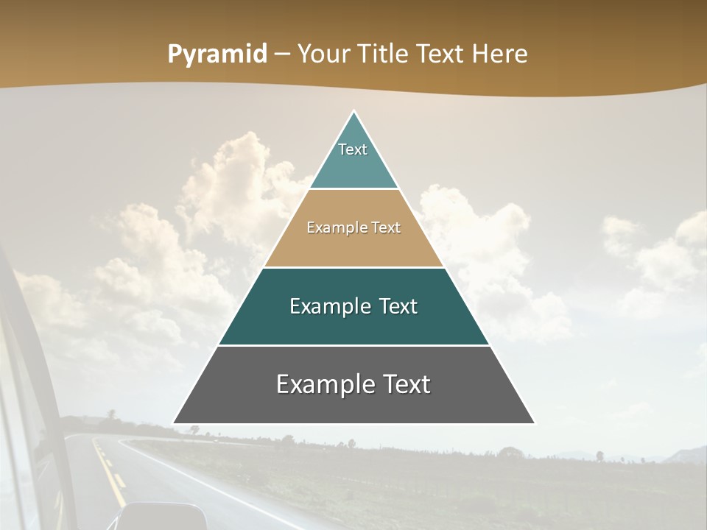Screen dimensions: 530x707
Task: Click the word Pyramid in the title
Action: pos(217,54)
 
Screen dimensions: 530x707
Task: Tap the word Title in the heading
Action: pos(386,54)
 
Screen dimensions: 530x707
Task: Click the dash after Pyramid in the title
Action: pos(281,54)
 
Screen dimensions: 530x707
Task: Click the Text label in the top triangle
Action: pos(353,149)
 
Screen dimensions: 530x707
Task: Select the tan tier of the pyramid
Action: pos(353,247)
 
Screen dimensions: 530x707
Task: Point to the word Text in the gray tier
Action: pos(406,384)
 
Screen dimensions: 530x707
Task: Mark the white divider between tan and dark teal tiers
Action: pos(353,267)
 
